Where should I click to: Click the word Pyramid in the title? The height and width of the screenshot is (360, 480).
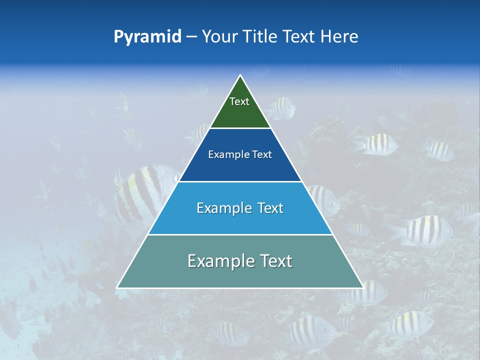[147, 37]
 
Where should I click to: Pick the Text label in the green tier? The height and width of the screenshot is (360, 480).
[239, 101]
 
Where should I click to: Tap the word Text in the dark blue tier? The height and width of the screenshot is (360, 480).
[262, 155]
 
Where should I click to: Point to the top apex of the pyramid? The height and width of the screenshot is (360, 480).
[240, 75]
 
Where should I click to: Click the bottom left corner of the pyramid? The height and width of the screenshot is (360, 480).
[117, 287]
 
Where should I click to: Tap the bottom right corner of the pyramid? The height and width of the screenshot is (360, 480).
[362, 287]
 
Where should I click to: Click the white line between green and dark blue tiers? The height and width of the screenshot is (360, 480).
[240, 128]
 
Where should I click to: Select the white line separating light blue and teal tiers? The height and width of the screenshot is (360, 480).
[240, 234]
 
